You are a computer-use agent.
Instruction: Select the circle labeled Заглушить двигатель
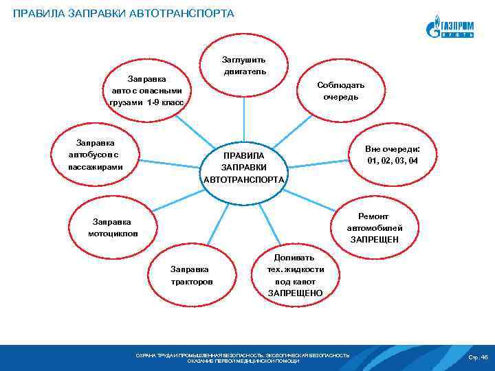(x=244, y=66)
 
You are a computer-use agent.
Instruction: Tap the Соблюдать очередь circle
(x=340, y=91)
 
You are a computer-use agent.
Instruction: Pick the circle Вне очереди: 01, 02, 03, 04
(x=393, y=155)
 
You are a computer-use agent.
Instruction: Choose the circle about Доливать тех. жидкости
(x=295, y=274)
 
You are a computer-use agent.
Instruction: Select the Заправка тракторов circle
(x=192, y=276)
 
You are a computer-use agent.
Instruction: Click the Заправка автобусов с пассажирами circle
(x=96, y=155)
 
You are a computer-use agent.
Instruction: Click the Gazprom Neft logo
(x=450, y=27)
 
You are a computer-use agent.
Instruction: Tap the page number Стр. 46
(x=477, y=357)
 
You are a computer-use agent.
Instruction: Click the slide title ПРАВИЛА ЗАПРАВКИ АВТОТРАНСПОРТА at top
(x=123, y=14)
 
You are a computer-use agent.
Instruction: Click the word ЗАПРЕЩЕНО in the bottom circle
(x=295, y=293)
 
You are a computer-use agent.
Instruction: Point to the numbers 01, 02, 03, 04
(x=393, y=161)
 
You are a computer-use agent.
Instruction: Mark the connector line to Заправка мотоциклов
(x=172, y=203)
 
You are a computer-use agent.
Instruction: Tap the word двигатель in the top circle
(x=244, y=72)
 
